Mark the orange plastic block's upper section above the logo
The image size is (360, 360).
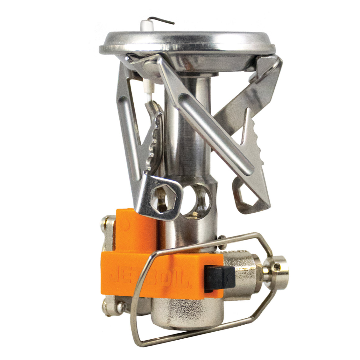point(137,226)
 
